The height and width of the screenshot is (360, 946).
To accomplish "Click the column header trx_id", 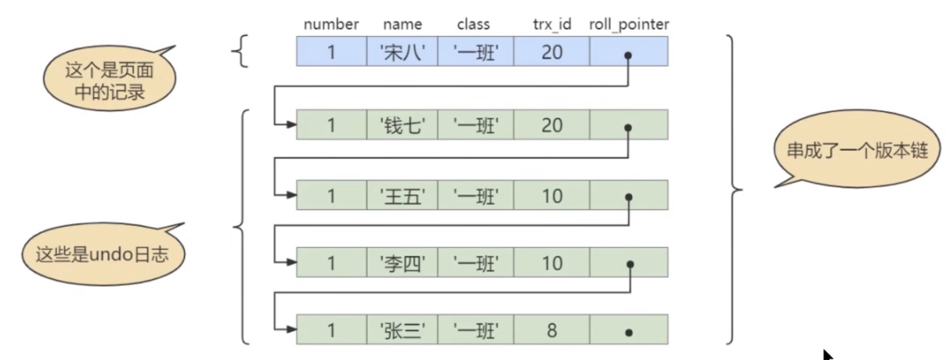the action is (x=552, y=25).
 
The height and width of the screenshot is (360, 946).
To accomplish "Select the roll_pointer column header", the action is (x=629, y=25).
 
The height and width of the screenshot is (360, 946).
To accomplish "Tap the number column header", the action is (x=331, y=25).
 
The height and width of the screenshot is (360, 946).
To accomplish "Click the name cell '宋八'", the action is (x=402, y=52).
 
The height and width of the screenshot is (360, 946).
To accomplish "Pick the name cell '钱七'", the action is (x=402, y=125).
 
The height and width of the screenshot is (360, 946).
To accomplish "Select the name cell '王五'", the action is (x=402, y=195).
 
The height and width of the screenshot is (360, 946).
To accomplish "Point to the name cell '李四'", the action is (x=402, y=262).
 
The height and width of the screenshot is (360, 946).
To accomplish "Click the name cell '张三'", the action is (x=402, y=330).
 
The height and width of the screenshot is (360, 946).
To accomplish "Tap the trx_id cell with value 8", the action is (x=552, y=330).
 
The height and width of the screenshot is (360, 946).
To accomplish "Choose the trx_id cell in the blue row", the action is (x=552, y=52).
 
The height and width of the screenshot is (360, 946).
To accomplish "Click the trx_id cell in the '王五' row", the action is (x=552, y=195).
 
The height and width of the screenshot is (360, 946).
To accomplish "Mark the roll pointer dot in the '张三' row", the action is (x=629, y=332).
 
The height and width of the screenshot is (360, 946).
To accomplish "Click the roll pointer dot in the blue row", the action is (x=628, y=55).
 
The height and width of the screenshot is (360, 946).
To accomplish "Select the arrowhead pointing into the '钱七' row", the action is (x=291, y=125).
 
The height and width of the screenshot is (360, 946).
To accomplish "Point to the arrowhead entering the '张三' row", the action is (x=291, y=329).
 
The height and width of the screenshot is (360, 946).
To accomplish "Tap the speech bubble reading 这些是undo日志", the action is (x=103, y=253).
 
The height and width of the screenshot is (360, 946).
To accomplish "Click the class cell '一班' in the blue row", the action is (x=476, y=52).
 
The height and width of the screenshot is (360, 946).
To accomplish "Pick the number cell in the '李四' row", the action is (x=331, y=262).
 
